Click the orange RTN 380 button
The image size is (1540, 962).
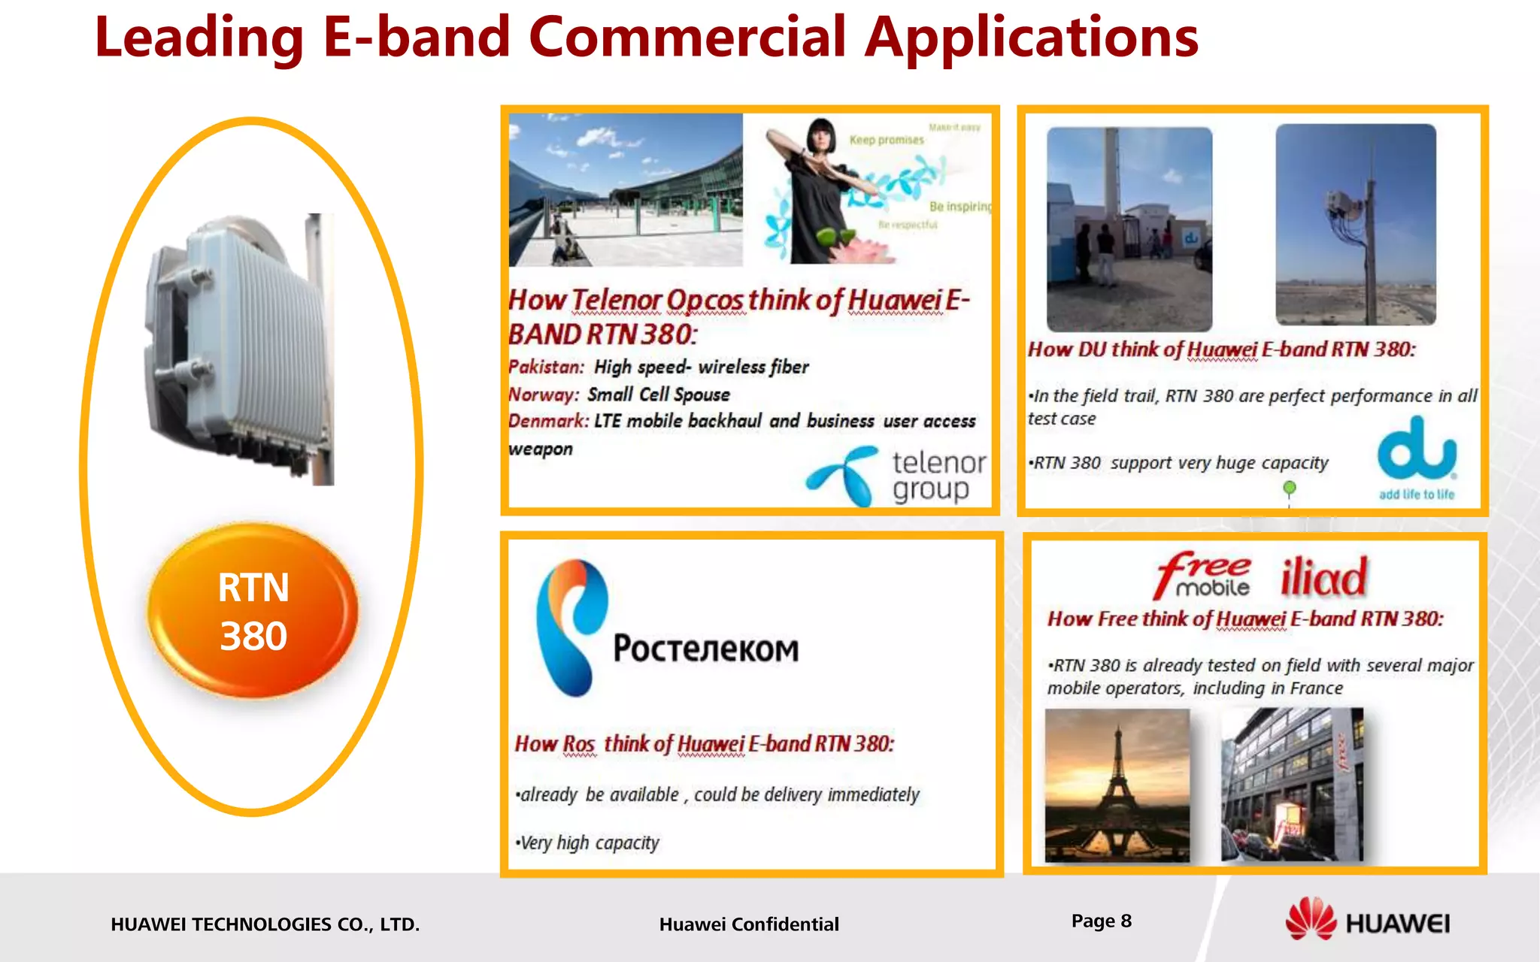point(253,611)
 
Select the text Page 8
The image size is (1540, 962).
point(1101,921)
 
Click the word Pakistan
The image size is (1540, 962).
point(546,367)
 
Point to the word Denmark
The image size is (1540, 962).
point(548,421)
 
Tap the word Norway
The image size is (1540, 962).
point(543,395)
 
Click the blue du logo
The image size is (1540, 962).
point(1417,451)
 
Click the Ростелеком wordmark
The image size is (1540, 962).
point(705,649)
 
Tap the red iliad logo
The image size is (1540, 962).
point(1323,577)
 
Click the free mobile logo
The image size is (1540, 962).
point(1203,575)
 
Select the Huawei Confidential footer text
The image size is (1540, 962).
point(748,924)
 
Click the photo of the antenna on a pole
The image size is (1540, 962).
point(1355,224)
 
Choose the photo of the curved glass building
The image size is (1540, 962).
point(625,189)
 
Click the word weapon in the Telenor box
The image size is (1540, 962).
point(540,449)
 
